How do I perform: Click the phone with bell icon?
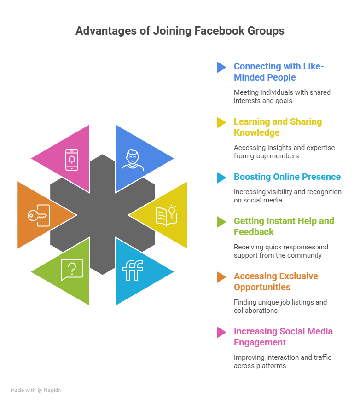pos(72,160)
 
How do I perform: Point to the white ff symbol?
pos(133,271)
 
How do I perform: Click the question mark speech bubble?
pos(72,270)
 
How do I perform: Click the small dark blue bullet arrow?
pos(221,67)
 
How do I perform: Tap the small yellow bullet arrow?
pos(221,123)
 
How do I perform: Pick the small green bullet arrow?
pos(221,222)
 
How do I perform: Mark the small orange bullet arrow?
pos(221,277)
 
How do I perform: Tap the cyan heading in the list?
pos(288,180)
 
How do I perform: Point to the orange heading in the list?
pos(274,282)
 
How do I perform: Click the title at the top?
pos(179,32)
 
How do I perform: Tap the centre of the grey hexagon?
pos(102,214)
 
